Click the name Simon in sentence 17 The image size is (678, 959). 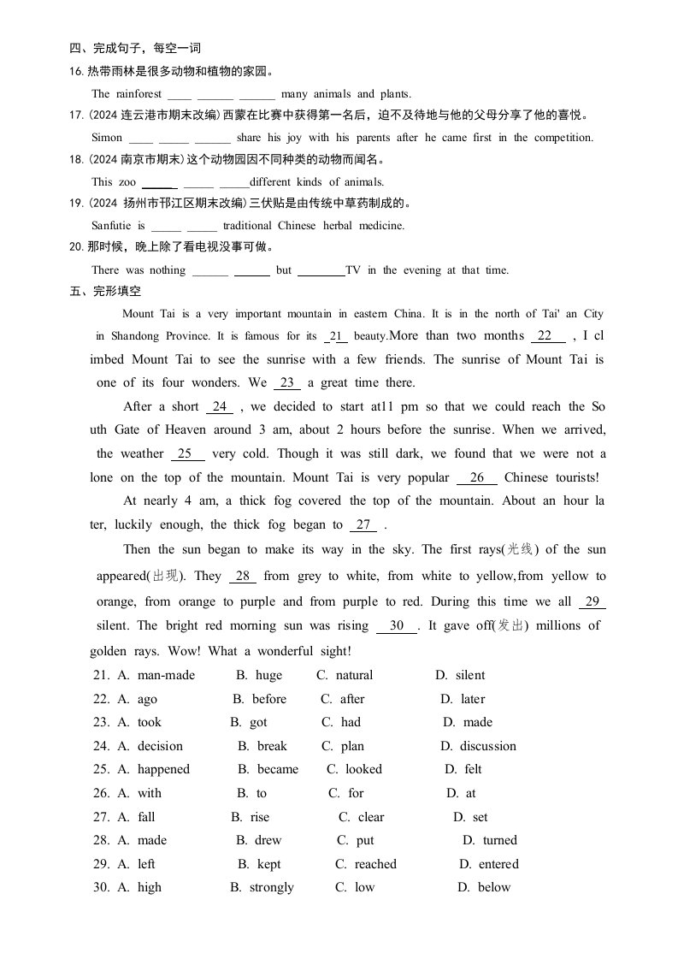(107, 137)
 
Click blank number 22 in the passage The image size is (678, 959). (545, 336)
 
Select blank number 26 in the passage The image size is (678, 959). (477, 477)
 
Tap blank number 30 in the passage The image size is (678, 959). (397, 625)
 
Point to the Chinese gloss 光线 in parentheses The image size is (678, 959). (521, 550)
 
